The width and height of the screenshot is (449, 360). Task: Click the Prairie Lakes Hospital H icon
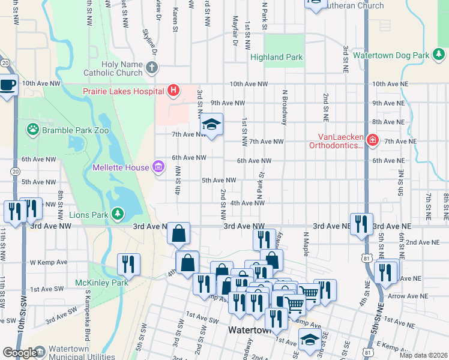coord(173,91)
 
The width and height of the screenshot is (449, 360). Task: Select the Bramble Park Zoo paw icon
coord(32,128)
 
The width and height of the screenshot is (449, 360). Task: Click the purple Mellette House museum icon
coord(158,166)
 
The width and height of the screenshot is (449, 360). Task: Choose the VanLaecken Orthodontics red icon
coord(373,141)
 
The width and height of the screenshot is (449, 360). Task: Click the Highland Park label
coord(277,58)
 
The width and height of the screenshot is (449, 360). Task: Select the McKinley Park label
coord(93,282)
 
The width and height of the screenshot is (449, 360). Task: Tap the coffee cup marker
coord(7,85)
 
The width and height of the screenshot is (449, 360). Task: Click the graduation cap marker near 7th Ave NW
coord(211,125)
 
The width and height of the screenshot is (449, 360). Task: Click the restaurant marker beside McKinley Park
coord(128,264)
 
